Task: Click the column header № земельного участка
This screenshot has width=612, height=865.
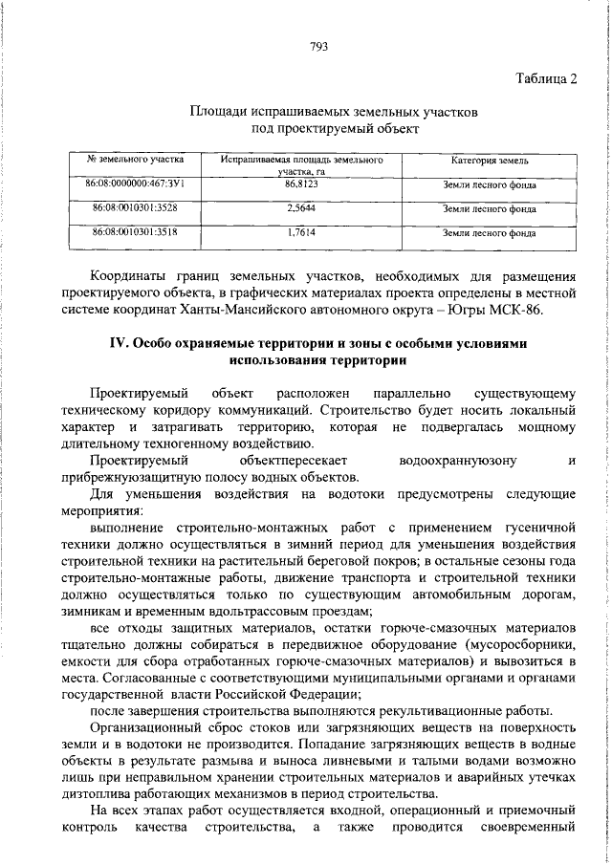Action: tap(135, 160)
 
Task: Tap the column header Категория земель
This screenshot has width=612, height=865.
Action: tap(491, 161)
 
